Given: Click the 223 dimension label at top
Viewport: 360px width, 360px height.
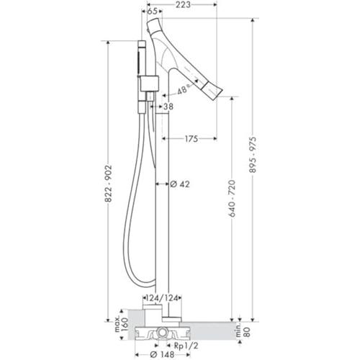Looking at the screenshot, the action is coord(183,4).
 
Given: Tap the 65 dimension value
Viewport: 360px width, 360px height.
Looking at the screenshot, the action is coord(152,12).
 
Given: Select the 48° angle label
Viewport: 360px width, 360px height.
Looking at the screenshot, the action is coord(182,90).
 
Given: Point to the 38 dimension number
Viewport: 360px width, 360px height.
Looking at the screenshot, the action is coord(168,107).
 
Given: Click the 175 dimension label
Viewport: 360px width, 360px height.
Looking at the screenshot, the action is coord(192,138).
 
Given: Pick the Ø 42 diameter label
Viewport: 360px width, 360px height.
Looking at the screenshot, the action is coord(180,184).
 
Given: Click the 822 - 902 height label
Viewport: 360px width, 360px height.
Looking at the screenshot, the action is coord(108,184).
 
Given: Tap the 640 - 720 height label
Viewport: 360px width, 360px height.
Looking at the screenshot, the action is coord(232,198).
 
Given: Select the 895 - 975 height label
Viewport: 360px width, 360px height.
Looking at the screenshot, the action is coord(253,155).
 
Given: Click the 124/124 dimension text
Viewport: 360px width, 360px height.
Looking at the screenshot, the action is coord(162,298).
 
